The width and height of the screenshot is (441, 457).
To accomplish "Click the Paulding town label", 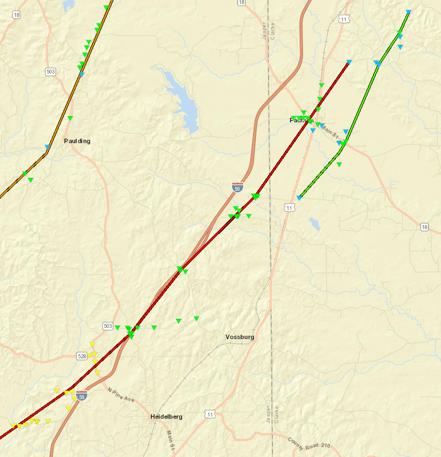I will point(77,141).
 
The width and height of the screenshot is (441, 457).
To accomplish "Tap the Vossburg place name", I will point(240,337).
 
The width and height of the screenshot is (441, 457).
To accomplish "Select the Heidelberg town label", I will point(166,417).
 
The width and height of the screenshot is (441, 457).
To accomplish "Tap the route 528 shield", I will point(81,356).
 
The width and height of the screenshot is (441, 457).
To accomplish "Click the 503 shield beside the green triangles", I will point(108,326).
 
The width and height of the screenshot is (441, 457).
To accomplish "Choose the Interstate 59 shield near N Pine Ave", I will point(82,396).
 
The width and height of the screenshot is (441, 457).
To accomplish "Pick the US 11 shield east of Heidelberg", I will point(210,414).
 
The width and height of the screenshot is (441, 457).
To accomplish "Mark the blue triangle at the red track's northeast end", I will point(349,62).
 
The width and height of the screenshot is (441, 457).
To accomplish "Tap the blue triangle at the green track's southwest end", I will point(300,198).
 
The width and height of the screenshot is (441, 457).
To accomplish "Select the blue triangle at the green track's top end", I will point(408,12).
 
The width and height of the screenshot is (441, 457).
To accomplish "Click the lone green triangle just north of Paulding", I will point(70,118).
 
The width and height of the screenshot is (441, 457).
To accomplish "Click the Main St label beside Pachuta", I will point(329,132).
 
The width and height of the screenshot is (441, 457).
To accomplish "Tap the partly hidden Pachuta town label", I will point(297,121).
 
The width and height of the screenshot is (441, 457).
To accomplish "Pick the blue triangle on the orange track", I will point(81,74).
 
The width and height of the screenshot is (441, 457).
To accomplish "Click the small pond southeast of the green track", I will point(314,224).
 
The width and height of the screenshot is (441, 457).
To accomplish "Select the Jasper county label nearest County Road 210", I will point(268,415).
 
